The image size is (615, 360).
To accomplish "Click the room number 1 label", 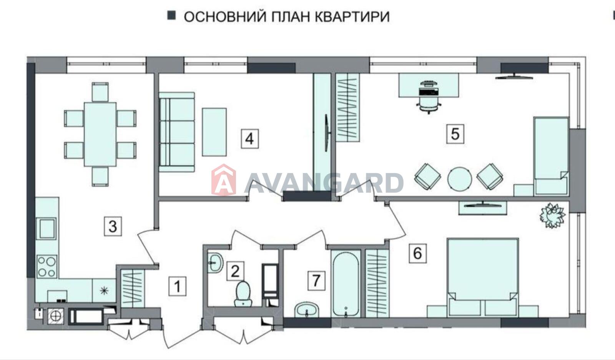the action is coord(177,287).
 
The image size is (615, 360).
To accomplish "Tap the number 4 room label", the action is coord(249,139).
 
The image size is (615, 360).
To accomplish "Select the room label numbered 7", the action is coord(316,281).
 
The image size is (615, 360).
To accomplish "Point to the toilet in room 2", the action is coord(243,293).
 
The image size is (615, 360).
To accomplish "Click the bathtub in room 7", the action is coord(346,283).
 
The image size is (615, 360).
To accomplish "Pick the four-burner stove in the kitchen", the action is coord(47,267).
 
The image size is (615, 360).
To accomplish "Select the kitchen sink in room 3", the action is coord(47,228).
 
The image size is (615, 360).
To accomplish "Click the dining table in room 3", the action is coord(100,134).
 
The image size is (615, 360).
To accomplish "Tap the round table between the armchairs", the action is coord(460,179).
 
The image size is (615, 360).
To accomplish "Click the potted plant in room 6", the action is coord(552,215).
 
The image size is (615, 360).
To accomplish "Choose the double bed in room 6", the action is coord(483,277).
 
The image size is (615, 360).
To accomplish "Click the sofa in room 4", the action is coord(177,132).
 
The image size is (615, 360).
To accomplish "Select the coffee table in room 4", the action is coord(214,132).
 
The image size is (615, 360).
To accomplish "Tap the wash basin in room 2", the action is coord(215,263).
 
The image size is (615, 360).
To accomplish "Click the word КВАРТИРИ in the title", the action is coord(352,17).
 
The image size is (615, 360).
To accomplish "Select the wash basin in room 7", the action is coord(307,310).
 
